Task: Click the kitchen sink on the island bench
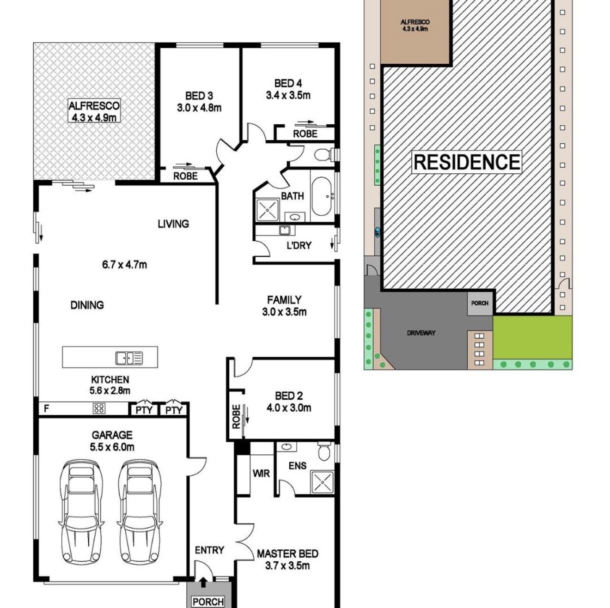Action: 129,358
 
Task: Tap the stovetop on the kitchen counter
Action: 99,408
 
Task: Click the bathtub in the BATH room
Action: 321,196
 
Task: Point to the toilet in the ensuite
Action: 323,452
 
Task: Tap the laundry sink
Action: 285,230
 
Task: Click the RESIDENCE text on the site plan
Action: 467,162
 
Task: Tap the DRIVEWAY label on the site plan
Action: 421,333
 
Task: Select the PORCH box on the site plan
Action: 480,303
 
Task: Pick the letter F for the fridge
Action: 47,408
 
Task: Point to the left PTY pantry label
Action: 144,410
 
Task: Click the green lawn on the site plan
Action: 532,337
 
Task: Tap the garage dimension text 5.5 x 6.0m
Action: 112,447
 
